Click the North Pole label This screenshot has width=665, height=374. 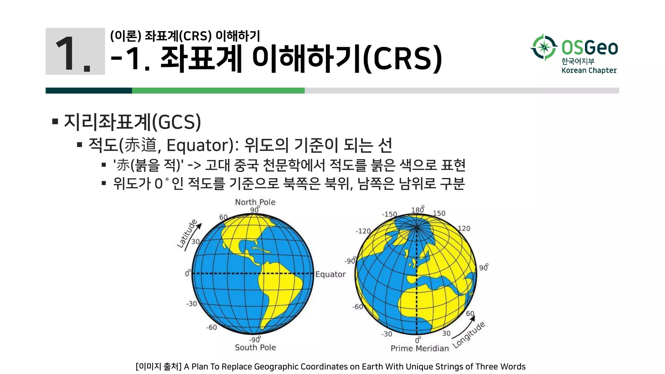255,202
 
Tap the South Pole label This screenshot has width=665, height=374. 255,347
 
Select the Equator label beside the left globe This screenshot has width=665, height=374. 330,274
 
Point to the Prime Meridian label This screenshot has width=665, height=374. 420,348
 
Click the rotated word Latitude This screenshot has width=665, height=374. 187,233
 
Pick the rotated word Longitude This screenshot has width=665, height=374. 469,335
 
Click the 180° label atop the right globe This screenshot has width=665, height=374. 418,210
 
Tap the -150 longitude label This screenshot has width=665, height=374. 389,214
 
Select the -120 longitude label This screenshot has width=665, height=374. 363,231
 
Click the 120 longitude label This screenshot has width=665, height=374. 464,229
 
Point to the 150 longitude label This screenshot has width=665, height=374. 439,213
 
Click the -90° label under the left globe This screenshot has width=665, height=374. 255,340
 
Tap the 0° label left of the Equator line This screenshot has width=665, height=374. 188,273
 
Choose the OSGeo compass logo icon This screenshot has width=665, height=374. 544,47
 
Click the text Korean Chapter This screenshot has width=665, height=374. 589,70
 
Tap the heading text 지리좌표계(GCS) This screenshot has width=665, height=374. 132,122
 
